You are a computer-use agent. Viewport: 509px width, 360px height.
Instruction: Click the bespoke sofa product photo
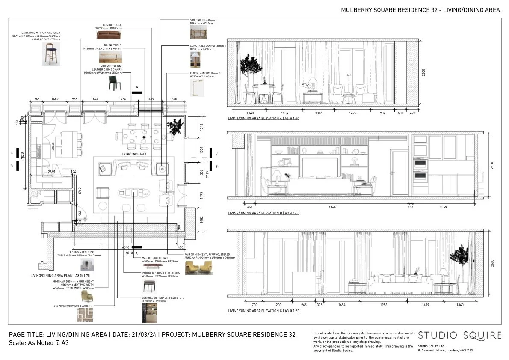[109, 35]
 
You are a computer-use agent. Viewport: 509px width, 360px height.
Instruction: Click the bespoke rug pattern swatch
[85, 315]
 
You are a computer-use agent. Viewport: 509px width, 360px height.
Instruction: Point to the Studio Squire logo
[459, 335]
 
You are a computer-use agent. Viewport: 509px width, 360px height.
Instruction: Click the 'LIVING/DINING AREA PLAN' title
[60, 276]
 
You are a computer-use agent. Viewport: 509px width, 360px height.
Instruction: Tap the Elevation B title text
[263, 213]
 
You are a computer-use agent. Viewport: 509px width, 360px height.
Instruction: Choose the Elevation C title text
[263, 311]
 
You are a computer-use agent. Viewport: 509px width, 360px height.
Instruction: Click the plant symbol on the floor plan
[175, 127]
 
